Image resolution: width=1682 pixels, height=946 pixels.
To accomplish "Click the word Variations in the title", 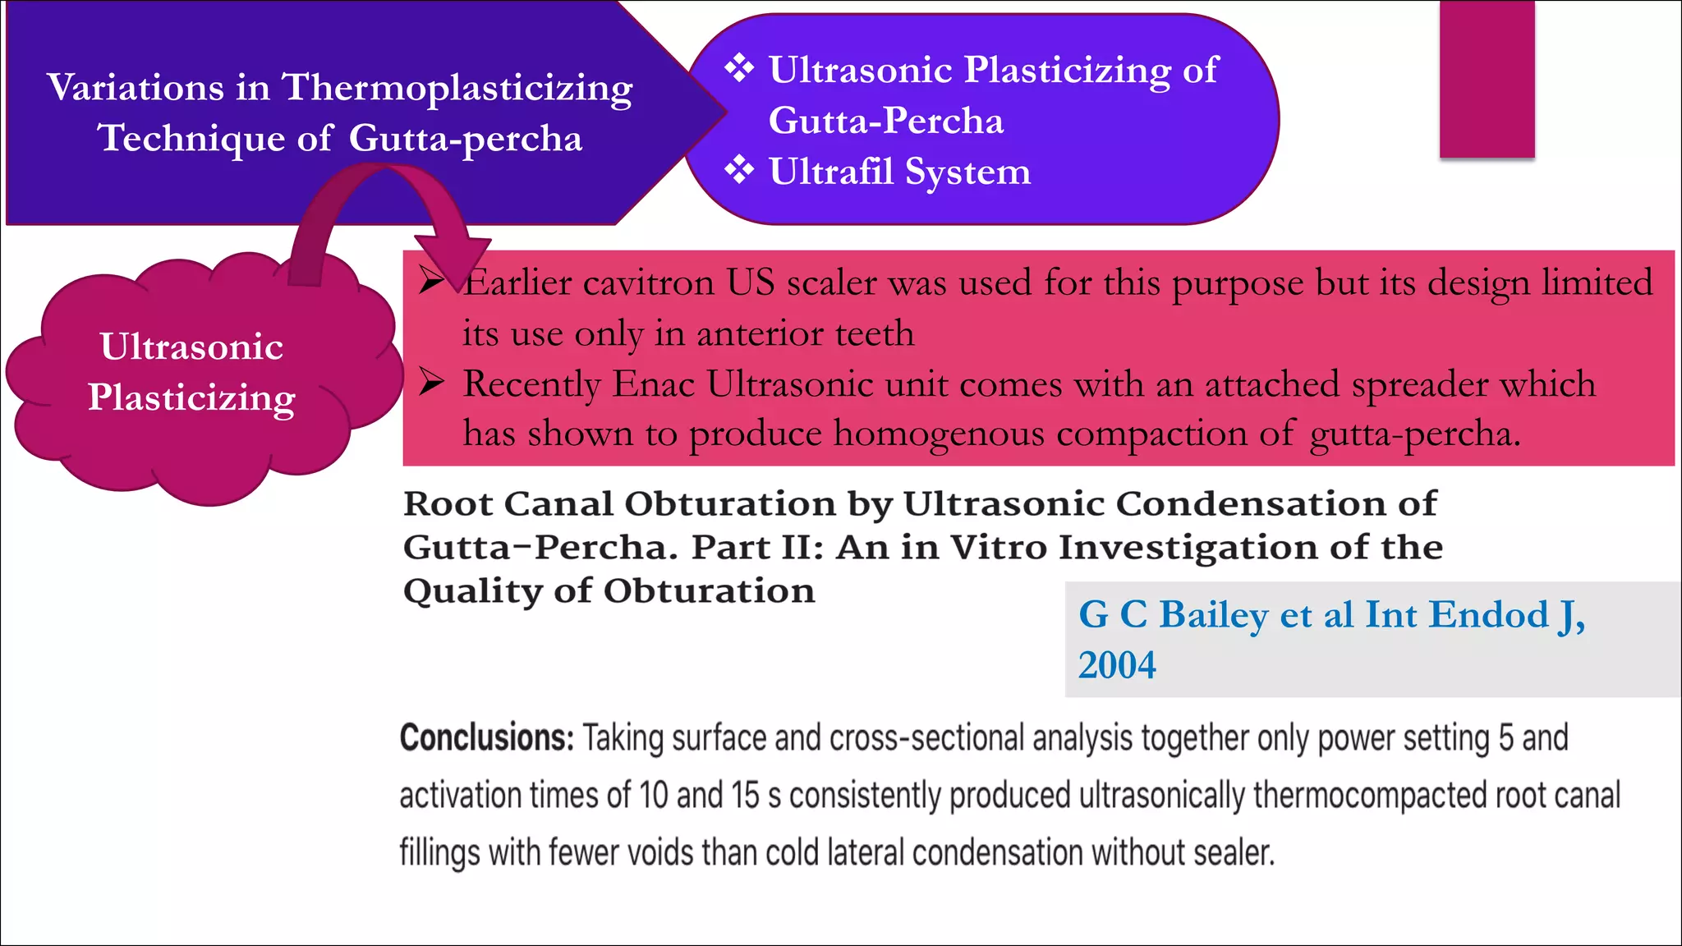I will [x=135, y=87].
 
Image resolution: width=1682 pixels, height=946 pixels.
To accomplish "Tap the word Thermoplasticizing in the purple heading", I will [x=457, y=89].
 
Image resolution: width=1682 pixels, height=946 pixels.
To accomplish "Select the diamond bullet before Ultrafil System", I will [x=739, y=170].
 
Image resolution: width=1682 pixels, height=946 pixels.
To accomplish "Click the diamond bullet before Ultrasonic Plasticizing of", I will [x=739, y=68].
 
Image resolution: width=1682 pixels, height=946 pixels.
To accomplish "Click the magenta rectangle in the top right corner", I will [x=1487, y=79].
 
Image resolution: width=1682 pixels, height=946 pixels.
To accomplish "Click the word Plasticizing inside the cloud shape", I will [x=191, y=398].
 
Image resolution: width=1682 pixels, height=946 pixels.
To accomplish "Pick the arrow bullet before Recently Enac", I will [x=431, y=382].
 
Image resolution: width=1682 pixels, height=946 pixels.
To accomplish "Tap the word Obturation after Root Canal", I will [x=730, y=503].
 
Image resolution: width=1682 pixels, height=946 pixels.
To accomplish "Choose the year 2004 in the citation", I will [x=1117, y=665].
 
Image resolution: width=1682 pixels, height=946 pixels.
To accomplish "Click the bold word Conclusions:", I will [x=486, y=737].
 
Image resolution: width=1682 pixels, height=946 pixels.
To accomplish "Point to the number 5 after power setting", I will [x=1505, y=737].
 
